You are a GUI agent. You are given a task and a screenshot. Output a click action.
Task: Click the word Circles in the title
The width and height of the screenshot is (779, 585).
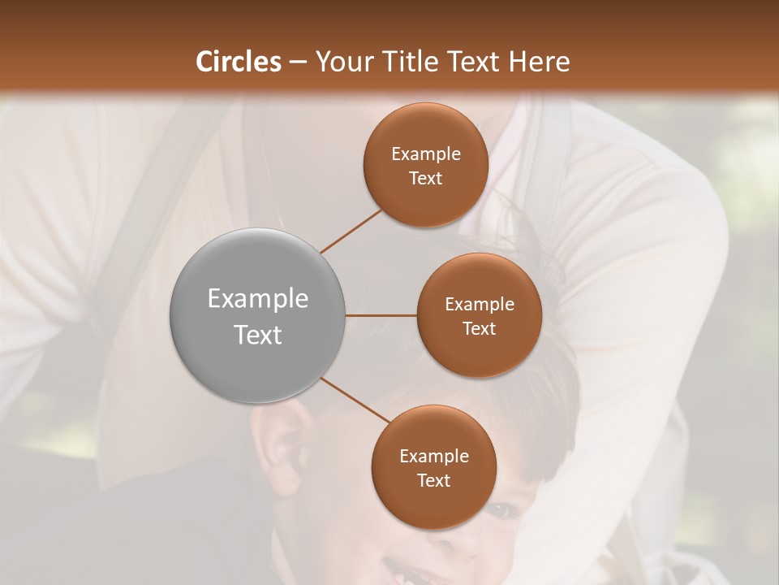[239, 62]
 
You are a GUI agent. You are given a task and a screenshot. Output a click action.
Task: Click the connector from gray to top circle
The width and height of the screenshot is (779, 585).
[351, 231]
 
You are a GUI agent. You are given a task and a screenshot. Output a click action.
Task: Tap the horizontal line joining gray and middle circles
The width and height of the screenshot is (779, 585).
[381, 315]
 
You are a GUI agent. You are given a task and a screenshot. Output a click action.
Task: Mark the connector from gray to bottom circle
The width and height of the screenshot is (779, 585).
[355, 400]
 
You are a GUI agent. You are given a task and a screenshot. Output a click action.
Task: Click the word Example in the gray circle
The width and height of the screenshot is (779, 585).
[258, 299]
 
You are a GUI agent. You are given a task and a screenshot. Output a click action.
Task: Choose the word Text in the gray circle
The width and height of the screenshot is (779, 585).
[258, 335]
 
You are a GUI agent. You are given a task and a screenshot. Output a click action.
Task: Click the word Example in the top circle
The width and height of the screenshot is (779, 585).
[426, 154]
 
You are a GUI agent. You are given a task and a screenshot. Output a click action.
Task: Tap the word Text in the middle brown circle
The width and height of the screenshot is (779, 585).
[479, 328]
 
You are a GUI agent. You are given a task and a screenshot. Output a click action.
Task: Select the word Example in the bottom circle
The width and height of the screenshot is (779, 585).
[434, 457]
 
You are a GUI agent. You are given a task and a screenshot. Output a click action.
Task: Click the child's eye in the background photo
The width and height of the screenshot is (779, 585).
[499, 510]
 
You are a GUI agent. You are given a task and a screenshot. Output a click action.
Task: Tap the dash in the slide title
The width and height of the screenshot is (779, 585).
[298, 62]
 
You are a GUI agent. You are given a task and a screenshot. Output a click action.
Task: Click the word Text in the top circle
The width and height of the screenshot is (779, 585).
[425, 178]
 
